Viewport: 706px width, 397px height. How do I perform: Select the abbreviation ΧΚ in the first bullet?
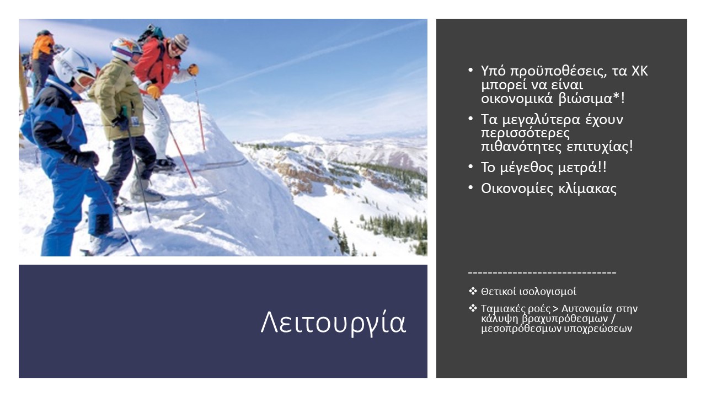tap(640, 71)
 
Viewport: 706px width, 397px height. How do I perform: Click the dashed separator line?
tap(542, 272)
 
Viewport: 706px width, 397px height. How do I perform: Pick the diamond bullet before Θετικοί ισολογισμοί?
tap(473, 291)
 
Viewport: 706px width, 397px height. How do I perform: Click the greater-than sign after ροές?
tap(555, 309)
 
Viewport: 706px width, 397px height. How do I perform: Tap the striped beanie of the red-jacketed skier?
tap(181, 41)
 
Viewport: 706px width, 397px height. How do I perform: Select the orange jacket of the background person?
tap(42, 47)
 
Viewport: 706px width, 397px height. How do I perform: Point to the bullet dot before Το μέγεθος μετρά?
tap(470, 167)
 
